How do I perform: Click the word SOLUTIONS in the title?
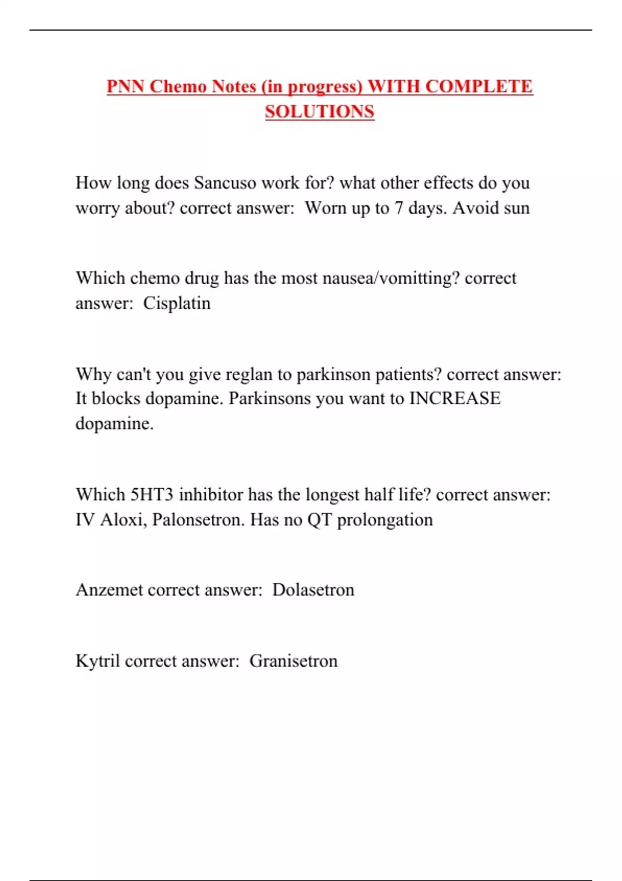click(x=319, y=111)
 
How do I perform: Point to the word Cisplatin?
click(x=177, y=303)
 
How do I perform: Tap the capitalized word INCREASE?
click(x=455, y=399)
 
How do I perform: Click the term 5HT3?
click(x=151, y=494)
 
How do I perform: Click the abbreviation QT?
click(x=319, y=519)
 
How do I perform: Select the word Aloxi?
click(x=121, y=519)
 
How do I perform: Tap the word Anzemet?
click(x=109, y=590)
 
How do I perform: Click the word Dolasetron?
click(x=313, y=590)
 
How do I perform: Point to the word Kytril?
click(x=97, y=661)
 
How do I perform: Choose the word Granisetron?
click(x=293, y=661)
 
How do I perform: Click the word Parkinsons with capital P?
click(x=270, y=399)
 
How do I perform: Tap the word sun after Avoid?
click(x=517, y=208)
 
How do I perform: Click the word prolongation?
click(x=385, y=519)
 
